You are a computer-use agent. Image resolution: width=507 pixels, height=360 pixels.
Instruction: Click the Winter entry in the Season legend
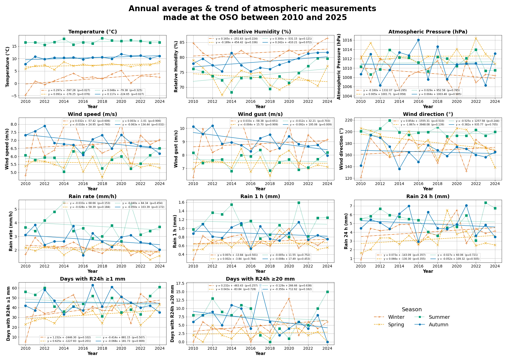[x=396, y=317]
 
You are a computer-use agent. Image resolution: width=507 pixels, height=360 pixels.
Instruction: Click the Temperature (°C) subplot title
[x=93, y=32]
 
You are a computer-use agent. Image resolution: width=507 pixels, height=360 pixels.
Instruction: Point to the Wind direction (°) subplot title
[x=428, y=114]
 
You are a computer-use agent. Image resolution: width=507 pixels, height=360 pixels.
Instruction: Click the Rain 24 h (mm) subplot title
[x=428, y=196]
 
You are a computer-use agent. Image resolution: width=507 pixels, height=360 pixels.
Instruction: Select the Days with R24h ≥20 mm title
[x=260, y=279]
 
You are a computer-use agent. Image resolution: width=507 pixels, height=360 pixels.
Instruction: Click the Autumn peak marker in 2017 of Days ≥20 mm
[x=260, y=285]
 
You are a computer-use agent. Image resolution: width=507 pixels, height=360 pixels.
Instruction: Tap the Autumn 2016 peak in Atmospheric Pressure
[x=418, y=40]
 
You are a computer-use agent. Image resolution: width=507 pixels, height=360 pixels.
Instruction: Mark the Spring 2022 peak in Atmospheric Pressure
[x=476, y=38]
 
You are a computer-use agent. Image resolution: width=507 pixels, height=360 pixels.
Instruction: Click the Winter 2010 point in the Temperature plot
[x=25, y=95]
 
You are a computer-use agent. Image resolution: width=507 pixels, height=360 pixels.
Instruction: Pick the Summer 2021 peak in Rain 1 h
[x=299, y=203]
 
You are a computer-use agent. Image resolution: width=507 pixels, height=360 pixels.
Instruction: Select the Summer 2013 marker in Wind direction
[x=390, y=120]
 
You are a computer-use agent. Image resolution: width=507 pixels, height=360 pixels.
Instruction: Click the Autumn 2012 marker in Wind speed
[x=45, y=126]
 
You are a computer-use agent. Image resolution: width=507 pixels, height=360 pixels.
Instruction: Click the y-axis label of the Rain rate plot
[x=11, y=231]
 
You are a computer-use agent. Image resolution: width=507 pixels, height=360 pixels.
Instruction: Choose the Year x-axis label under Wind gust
[x=260, y=189]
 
